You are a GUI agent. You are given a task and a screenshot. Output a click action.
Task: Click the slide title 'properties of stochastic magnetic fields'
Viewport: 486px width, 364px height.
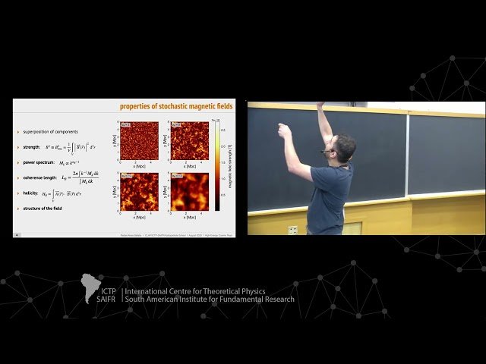[x=176, y=105]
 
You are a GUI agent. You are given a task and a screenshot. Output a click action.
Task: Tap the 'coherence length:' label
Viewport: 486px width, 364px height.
[x=41, y=179]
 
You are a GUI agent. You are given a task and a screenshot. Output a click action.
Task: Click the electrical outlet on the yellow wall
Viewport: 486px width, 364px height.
[x=292, y=229]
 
